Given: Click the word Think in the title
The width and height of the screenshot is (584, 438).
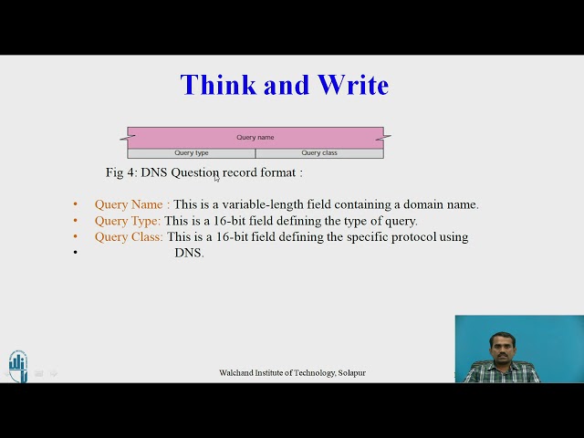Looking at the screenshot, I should (x=217, y=85).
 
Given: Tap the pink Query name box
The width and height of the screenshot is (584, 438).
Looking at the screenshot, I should (x=255, y=138).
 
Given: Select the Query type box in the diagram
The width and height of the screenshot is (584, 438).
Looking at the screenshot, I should (x=192, y=153).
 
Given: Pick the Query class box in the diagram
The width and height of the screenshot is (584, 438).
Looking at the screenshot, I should (x=319, y=153).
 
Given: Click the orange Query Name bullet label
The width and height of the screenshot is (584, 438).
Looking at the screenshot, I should (x=131, y=204).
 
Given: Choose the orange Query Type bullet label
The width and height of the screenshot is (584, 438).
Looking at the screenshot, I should (x=128, y=221).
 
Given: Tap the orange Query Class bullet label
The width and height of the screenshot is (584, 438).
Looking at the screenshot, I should (x=129, y=237).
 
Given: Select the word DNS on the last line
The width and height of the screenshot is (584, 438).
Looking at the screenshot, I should (x=189, y=253).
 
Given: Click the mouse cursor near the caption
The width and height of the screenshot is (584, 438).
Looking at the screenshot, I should (x=216, y=177).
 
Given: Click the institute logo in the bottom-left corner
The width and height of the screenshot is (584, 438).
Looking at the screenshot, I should (x=18, y=365).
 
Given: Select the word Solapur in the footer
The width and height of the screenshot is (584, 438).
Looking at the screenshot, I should (x=351, y=373).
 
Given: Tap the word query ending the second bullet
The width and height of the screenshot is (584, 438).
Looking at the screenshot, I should (x=399, y=221).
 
